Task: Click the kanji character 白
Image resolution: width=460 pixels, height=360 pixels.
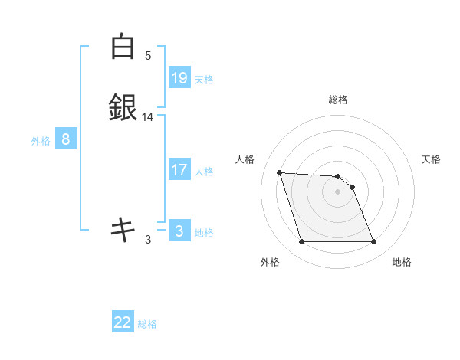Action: [122, 47]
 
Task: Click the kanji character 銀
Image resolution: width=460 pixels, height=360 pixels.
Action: [122, 107]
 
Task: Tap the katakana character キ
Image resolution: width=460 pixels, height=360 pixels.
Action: [122, 228]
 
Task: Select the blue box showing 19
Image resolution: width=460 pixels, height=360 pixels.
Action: [179, 78]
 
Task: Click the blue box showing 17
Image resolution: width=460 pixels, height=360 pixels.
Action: [179, 170]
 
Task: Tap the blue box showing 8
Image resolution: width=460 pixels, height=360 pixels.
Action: [66, 139]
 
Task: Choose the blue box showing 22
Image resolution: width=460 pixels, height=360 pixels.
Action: [123, 322]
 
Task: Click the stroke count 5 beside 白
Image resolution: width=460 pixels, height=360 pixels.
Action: [148, 56]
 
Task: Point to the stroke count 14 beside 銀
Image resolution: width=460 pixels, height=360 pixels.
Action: [148, 117]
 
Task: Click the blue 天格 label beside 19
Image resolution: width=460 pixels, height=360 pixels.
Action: [204, 79]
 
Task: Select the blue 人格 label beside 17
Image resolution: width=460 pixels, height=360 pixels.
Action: [204, 171]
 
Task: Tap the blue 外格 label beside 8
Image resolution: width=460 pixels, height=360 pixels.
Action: [41, 140]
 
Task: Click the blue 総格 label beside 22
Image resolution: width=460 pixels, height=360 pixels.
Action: [148, 324]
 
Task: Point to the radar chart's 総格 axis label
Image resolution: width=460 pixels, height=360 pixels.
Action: [338, 100]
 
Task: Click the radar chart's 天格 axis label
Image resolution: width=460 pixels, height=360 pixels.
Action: [432, 159]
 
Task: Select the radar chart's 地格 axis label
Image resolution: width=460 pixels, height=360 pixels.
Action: [402, 262]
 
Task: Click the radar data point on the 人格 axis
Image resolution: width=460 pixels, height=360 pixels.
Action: [280, 172]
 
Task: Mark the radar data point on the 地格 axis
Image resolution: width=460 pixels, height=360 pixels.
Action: [373, 242]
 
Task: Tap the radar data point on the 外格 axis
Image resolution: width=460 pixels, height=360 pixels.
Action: [301, 242]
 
